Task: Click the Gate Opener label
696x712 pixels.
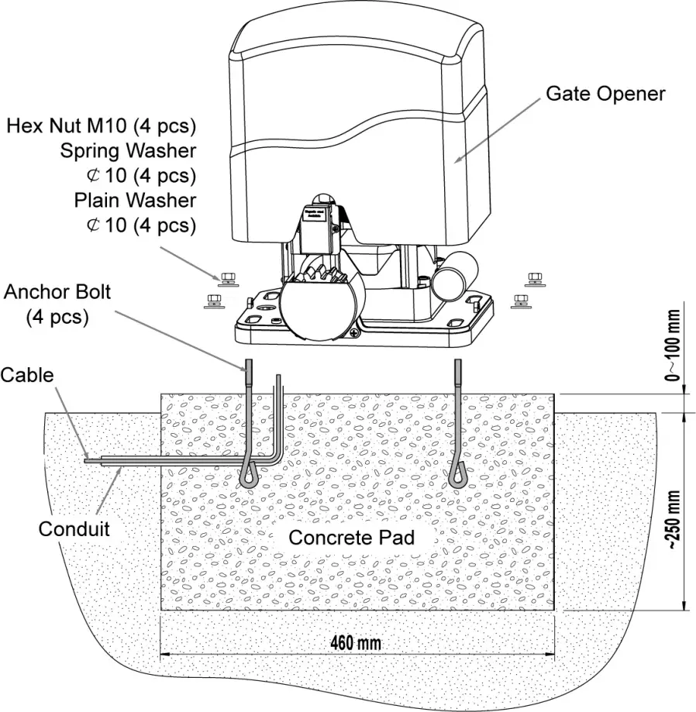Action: click(605, 94)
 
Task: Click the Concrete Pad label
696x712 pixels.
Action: click(352, 537)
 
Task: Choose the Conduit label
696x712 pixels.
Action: click(74, 529)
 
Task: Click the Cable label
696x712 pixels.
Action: click(27, 375)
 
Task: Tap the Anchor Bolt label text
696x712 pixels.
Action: click(57, 293)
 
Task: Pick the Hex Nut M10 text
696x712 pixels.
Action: click(101, 126)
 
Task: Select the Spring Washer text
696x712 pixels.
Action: click(128, 150)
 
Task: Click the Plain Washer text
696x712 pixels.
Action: click(135, 200)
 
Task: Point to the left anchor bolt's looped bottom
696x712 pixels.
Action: click(250, 475)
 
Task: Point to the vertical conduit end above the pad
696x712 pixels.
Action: click(277, 381)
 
